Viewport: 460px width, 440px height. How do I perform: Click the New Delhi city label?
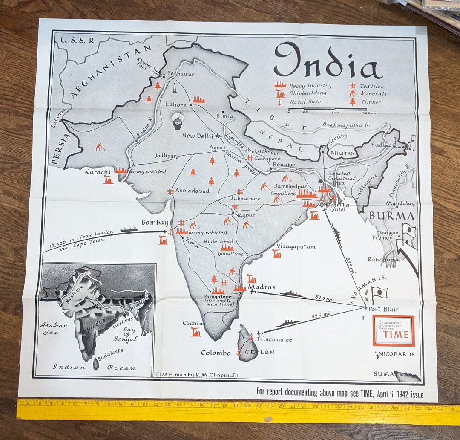point(197,136)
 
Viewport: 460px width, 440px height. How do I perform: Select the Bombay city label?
point(154,223)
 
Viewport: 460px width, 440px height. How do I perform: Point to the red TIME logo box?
point(393,330)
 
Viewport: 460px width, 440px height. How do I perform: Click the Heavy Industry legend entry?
point(303,85)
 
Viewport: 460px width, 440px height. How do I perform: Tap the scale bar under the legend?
point(327,109)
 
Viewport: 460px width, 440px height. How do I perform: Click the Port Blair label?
point(384,309)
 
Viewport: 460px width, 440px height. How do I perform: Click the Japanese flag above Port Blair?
point(379,293)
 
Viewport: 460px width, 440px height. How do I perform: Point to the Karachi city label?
point(98,172)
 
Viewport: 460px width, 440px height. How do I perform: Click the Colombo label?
point(216,353)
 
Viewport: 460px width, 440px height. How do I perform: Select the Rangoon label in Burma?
point(380,259)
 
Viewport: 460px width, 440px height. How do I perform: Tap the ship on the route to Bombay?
point(129,229)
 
